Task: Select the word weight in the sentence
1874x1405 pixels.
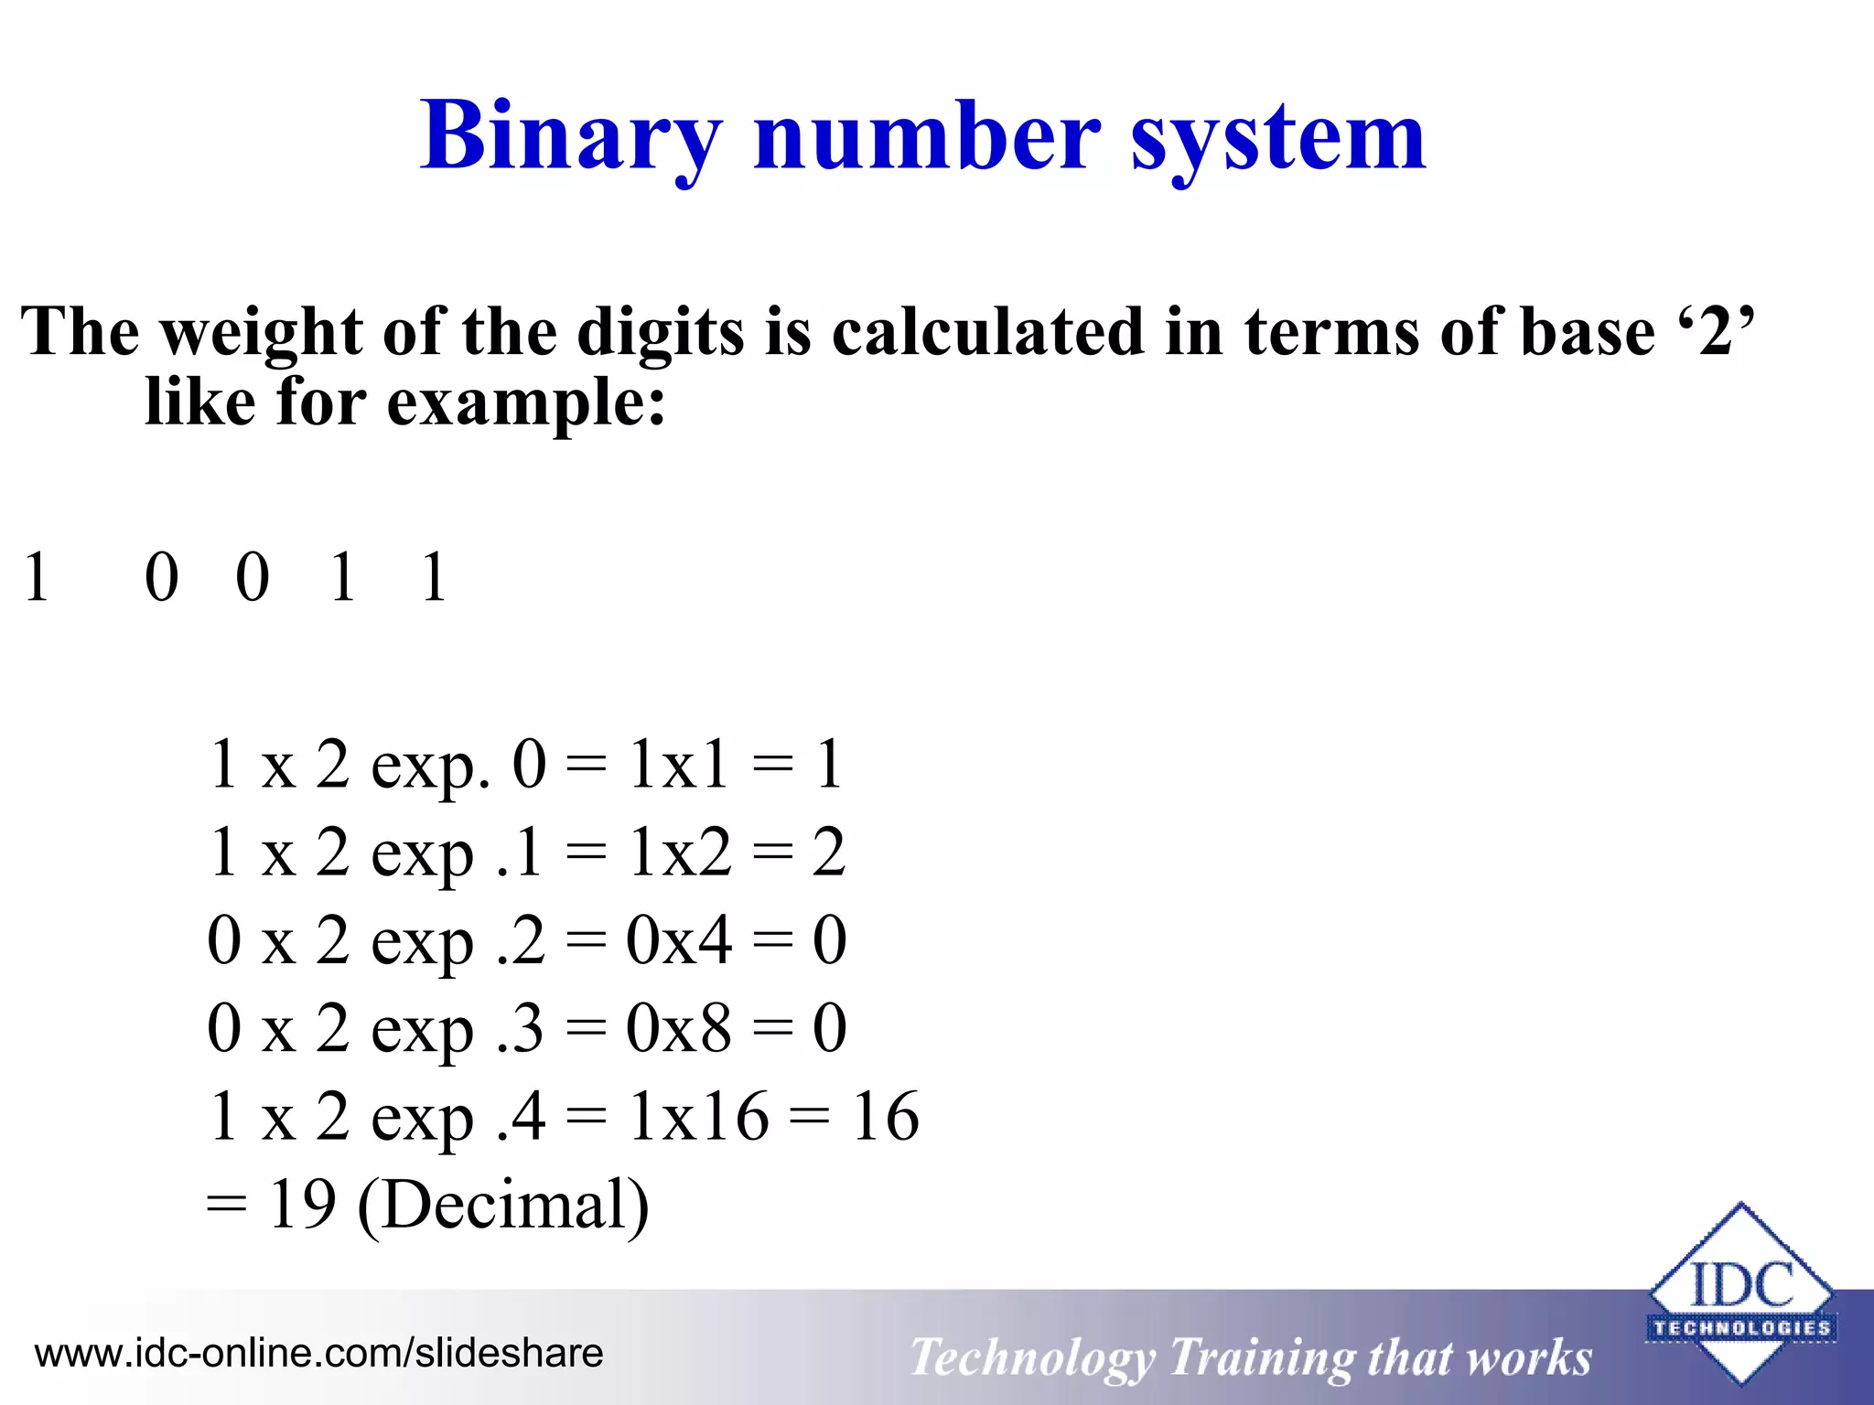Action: tap(262, 331)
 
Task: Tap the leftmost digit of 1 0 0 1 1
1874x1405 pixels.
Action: tap(37, 578)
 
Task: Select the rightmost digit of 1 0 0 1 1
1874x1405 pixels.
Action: tap(434, 578)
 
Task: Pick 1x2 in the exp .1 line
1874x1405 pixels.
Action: tap(679, 853)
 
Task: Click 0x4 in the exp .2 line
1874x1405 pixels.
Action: tap(679, 940)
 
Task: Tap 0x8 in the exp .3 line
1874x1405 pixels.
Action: tap(679, 1028)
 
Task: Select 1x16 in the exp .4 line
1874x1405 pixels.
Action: tap(697, 1116)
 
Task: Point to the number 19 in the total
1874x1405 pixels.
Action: tap(302, 1205)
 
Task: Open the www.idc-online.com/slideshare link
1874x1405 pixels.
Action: tap(318, 1353)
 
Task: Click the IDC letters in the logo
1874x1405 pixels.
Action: tap(1740, 1284)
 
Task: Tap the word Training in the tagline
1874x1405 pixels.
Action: tap(1259, 1357)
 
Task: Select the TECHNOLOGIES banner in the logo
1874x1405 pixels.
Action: tap(1740, 1327)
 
